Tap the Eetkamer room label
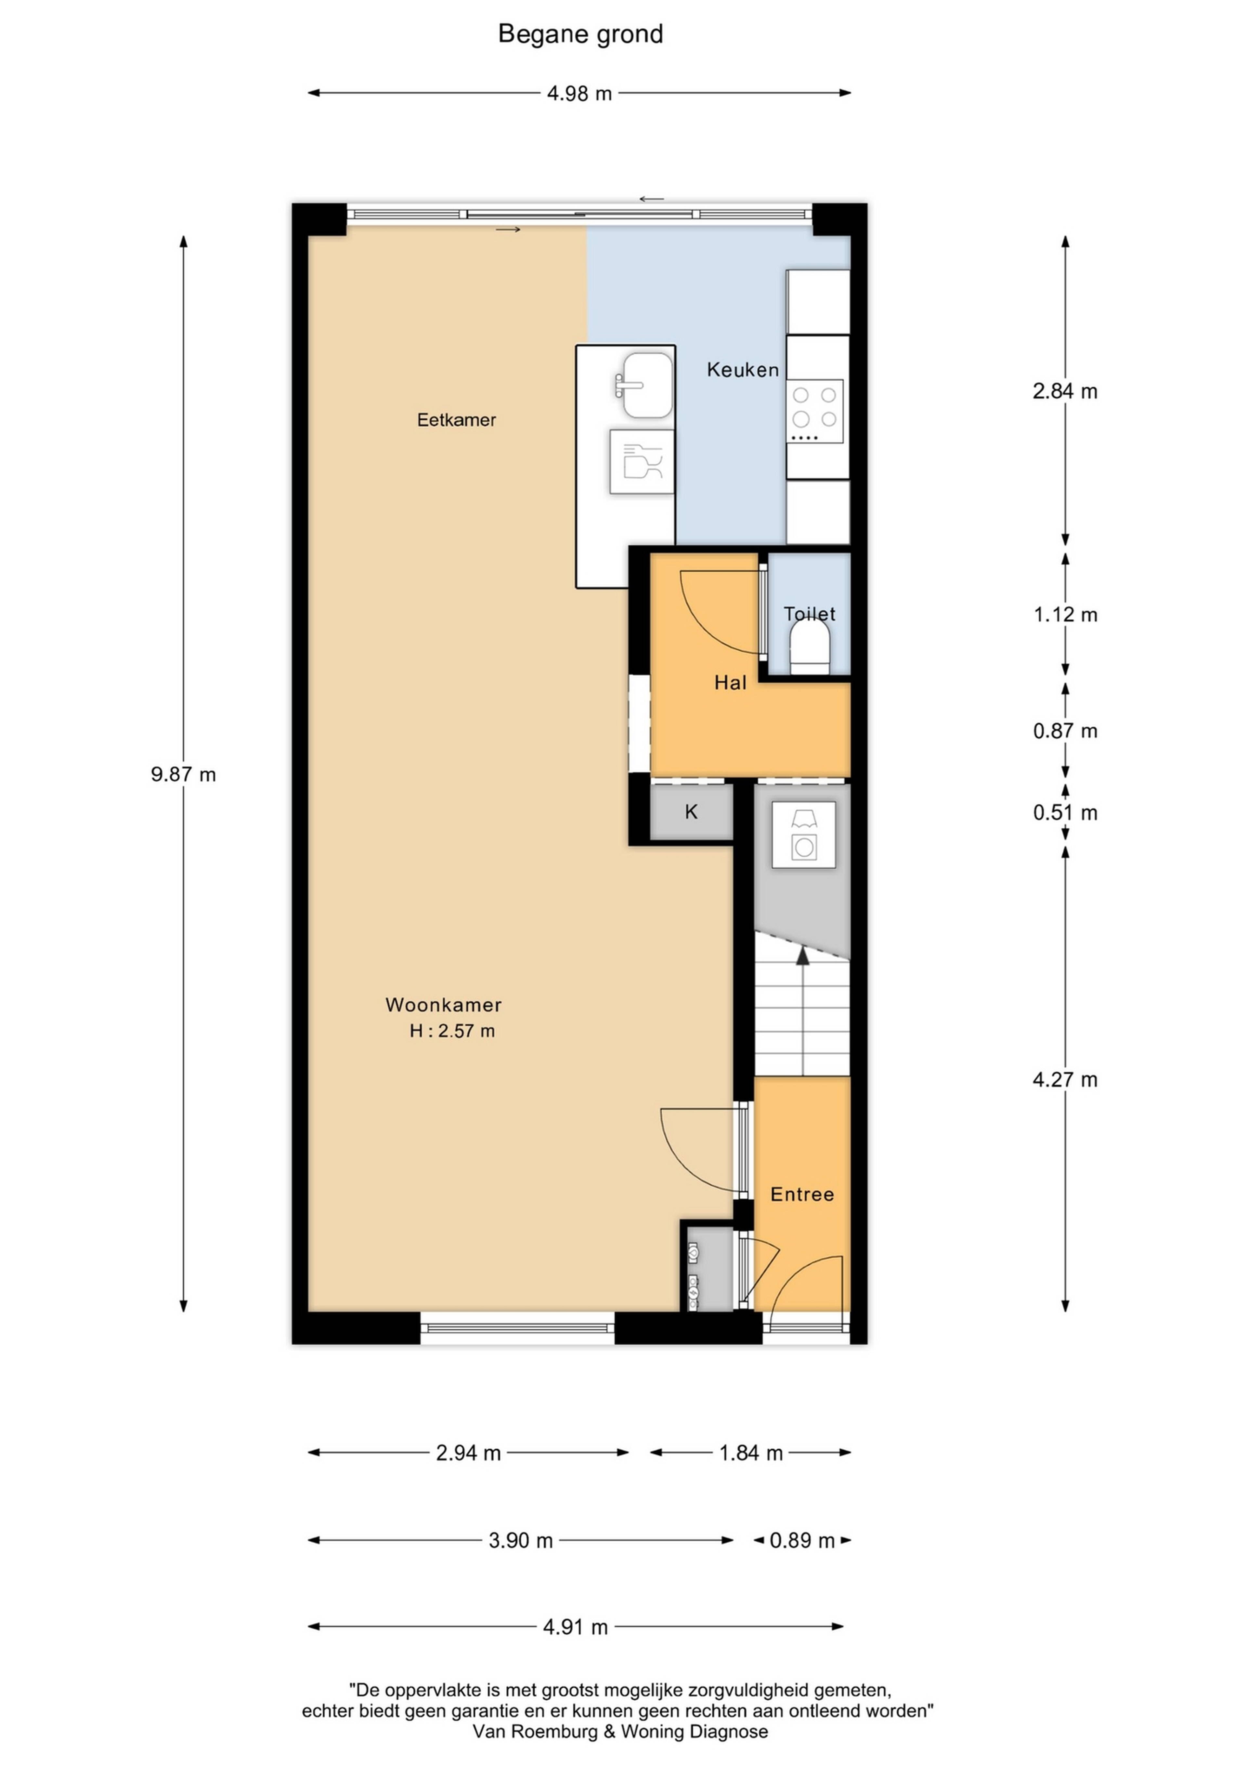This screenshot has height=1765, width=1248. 457,420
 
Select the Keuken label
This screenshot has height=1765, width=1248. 742,370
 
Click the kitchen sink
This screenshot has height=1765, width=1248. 645,385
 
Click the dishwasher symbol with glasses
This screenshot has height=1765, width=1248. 642,461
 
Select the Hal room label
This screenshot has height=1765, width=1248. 730,683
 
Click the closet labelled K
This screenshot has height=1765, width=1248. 691,812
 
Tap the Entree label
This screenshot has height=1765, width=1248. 802,1194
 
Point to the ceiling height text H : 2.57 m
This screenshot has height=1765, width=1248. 452,1031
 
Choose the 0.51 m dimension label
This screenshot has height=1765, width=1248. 1065,812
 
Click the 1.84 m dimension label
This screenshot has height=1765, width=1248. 751,1453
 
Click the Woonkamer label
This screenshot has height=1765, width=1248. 443,1005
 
